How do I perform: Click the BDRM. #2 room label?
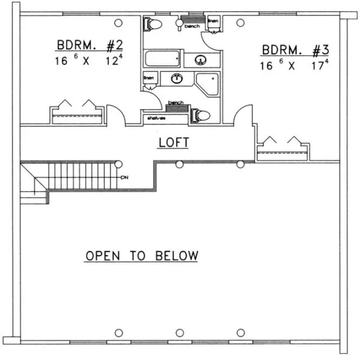[x=91, y=45]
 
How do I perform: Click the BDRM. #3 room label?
[x=295, y=50]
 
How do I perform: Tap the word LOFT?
[x=173, y=143]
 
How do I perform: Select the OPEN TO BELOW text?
[x=141, y=255]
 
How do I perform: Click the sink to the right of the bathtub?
[x=201, y=59]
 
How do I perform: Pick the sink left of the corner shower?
[x=176, y=79]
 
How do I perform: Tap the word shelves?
[x=154, y=117]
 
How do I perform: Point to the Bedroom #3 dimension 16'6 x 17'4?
[x=296, y=65]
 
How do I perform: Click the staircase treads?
[x=81, y=175]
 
